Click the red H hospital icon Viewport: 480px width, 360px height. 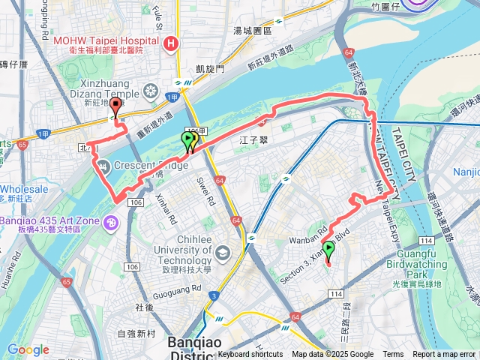(172, 43)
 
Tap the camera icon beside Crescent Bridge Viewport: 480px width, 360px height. (102, 166)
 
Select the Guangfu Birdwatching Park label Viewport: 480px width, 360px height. (427, 269)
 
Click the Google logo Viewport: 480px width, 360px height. (28, 349)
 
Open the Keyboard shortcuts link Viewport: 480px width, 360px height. (251, 355)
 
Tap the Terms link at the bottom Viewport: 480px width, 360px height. (393, 355)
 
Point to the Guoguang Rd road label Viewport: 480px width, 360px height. (177, 288)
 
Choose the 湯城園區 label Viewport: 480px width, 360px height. (252, 31)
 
